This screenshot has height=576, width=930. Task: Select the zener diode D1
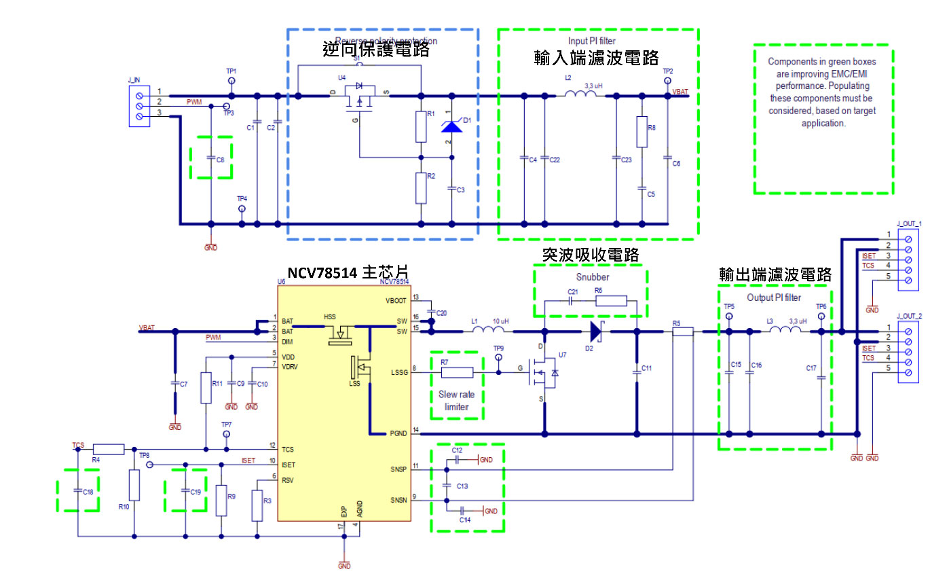click(x=451, y=126)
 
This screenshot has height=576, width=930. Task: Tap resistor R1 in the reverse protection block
click(x=421, y=126)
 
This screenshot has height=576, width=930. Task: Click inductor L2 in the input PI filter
click(x=580, y=95)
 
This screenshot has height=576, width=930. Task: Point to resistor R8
click(x=641, y=132)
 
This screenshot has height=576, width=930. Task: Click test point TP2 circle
click(x=667, y=81)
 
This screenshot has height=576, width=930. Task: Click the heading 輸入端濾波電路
click(x=596, y=57)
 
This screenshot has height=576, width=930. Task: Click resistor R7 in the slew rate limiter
click(x=457, y=372)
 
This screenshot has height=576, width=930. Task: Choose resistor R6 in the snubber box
click(x=610, y=300)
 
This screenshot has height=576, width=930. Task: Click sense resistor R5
click(x=682, y=331)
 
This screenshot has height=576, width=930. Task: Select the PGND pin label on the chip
click(x=398, y=433)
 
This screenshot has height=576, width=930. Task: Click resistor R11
click(x=205, y=388)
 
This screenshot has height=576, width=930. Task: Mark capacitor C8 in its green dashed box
click(x=212, y=158)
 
